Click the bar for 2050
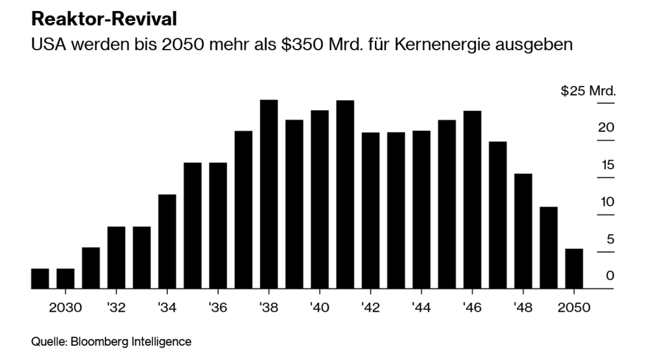574,268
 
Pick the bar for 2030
65,279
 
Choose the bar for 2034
167,241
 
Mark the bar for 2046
473,199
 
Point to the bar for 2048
523,230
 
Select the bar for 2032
116,257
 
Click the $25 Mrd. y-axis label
588,90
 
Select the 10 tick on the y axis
607,202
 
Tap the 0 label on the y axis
610,276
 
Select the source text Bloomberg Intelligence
131,340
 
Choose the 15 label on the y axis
607,165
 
